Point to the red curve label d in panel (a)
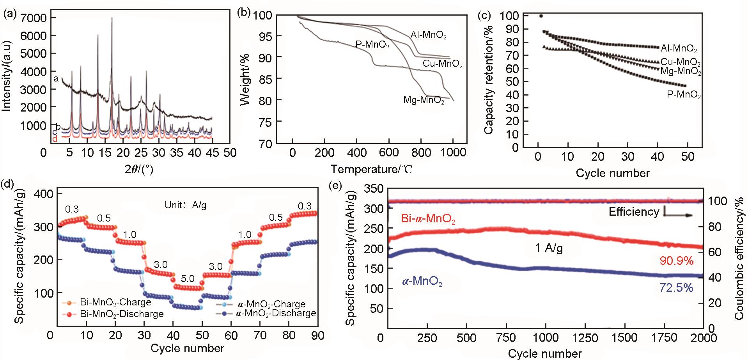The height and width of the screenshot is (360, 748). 55,139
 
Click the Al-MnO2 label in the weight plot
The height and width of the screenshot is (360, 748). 428,35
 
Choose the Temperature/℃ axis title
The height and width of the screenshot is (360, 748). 371,169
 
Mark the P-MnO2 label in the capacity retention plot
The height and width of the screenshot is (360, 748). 684,95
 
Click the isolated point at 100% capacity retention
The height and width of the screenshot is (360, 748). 541,16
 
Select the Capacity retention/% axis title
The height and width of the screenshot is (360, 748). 488,80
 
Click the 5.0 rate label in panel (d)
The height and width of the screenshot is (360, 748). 188,278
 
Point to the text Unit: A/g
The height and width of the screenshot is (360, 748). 185,205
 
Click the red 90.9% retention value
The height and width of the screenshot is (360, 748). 676,261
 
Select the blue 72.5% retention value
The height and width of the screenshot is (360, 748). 676,288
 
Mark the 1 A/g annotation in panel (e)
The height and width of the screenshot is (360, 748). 549,248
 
